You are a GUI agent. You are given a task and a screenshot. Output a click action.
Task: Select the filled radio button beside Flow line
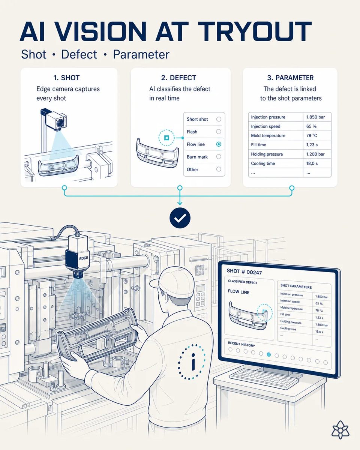[219, 144]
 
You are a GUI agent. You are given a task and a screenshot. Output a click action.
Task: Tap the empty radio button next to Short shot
[219, 119]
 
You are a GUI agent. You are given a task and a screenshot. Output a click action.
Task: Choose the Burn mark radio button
[219, 157]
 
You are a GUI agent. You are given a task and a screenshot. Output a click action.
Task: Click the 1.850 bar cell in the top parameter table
[315, 117]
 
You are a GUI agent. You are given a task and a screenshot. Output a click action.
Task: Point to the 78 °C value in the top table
[312, 135]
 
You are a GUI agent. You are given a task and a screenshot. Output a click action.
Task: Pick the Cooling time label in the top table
[263, 163]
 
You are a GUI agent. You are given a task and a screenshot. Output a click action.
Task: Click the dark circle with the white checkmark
[180, 218]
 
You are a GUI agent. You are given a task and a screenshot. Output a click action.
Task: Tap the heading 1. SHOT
[66, 78]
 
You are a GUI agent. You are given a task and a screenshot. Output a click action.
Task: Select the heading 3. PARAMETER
[290, 78]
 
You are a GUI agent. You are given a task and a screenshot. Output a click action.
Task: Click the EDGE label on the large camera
[84, 258]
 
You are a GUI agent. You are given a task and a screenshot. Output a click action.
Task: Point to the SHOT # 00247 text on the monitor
[244, 271]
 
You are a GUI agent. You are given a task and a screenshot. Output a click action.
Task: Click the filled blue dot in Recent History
[269, 354]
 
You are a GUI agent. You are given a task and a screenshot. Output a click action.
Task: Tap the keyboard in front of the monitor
[265, 376]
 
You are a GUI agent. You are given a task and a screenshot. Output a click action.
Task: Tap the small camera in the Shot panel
[55, 120]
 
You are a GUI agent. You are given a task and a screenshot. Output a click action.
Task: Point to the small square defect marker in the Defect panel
[166, 138]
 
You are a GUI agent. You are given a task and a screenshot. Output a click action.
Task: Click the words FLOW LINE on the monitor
[238, 292]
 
